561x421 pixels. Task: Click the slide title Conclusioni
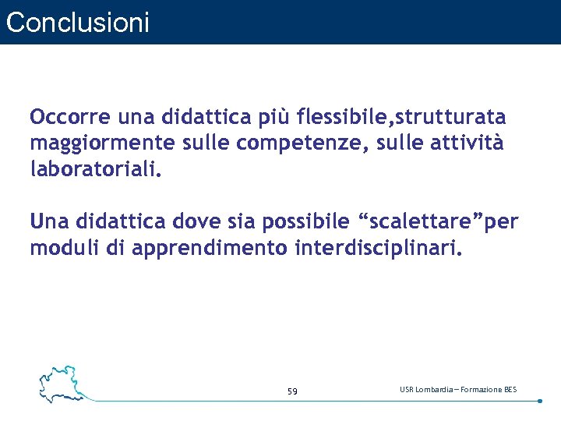coord(77,23)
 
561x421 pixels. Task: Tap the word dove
coord(210,221)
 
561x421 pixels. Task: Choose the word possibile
coord(305,222)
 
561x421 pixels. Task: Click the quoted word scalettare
coord(417,221)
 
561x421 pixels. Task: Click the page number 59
coord(292,391)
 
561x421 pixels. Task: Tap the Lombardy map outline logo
coord(60,381)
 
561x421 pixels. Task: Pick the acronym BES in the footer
coord(510,389)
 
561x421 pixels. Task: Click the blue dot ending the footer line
coord(540,401)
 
